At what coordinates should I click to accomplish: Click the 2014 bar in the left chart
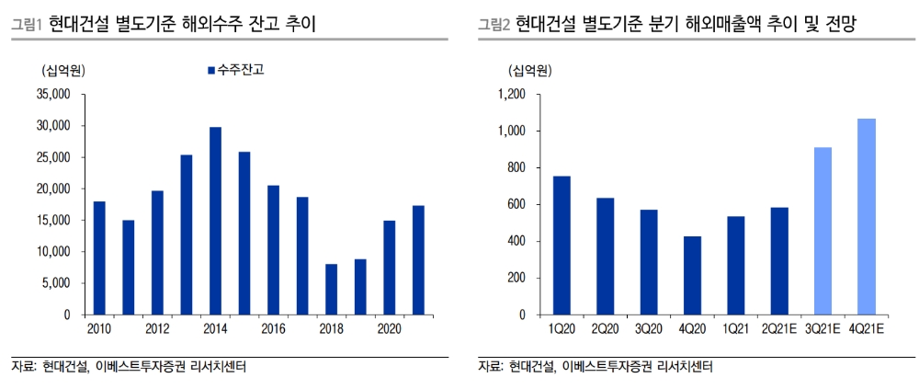(x=215, y=221)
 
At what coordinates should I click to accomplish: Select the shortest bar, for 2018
(x=332, y=290)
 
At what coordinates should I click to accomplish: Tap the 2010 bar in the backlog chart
(x=98, y=257)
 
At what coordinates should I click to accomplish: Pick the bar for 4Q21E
(x=866, y=217)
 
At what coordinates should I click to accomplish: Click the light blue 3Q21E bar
(x=822, y=231)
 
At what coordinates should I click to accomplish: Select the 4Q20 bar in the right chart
(x=691, y=275)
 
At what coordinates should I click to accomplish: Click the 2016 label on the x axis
(x=273, y=329)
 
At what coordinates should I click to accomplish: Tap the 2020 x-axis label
(x=390, y=329)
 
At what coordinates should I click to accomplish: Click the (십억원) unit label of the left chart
(x=61, y=70)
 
